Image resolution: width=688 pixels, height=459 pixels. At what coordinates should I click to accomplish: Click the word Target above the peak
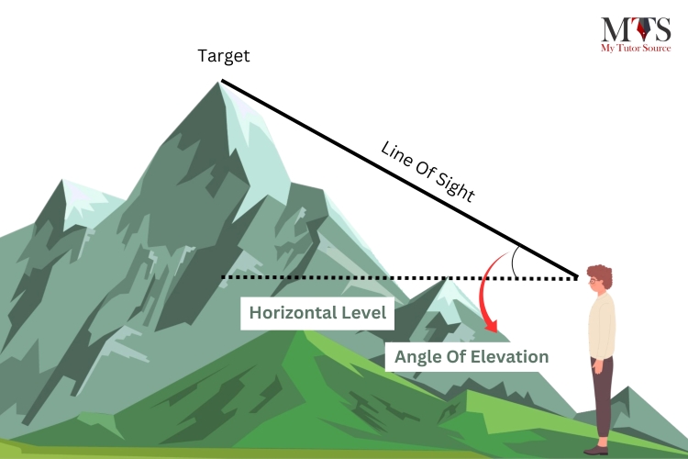point(224,56)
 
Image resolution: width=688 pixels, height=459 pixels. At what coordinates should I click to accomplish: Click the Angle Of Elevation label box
point(472,357)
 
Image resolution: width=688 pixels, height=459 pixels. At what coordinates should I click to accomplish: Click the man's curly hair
point(601,274)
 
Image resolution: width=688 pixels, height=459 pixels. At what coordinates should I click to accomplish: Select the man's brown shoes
point(597,450)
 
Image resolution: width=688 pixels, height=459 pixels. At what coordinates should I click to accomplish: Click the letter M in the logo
point(612,29)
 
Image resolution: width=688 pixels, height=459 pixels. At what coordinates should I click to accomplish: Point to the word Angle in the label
point(418,357)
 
